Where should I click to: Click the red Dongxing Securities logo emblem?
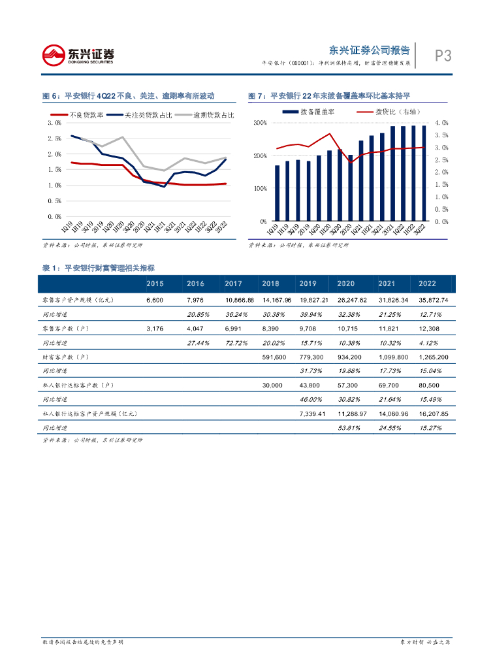pos(54,55)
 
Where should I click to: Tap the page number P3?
pos(443,56)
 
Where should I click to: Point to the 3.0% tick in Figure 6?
pos(55,123)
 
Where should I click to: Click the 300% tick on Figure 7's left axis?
pos(260,123)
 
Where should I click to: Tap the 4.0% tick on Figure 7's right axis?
pos(441,123)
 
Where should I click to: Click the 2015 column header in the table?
pos(155,284)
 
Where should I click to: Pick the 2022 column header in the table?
pos(427,284)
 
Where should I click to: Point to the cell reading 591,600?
pos(273,357)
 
